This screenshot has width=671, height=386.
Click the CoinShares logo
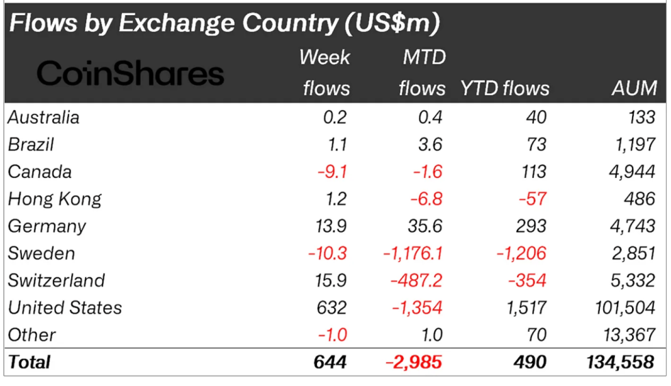coord(130,73)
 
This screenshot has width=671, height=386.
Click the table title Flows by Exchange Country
coord(223,23)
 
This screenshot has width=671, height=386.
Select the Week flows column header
coord(325,73)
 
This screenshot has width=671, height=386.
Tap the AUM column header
coord(635,88)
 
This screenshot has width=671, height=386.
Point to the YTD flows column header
coord(505,88)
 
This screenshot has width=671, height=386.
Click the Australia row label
coord(43,117)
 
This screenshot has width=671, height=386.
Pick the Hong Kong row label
coord(55,199)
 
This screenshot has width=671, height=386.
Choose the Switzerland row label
coord(56,281)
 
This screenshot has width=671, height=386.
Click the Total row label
coord(29,361)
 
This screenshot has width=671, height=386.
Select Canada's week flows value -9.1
coord(332,172)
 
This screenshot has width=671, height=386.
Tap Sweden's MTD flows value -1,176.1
coord(413,253)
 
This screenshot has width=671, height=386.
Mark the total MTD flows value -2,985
coord(414,361)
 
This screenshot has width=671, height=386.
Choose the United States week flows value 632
coord(331,307)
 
